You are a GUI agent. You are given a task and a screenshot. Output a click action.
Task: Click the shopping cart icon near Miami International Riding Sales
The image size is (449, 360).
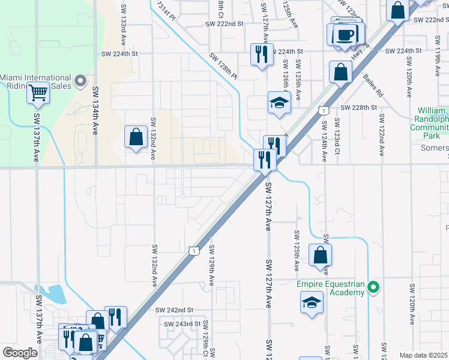[38, 94]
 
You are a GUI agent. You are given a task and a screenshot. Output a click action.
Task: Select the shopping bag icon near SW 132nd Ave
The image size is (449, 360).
[136, 137]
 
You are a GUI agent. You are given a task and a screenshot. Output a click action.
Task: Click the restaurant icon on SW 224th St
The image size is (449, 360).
[262, 55]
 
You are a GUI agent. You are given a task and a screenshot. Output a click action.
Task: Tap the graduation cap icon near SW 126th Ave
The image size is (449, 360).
[279, 103]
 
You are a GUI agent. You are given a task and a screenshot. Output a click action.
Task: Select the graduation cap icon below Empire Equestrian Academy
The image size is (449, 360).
[312, 303]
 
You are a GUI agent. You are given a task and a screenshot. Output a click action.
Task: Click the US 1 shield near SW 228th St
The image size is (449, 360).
[323, 110]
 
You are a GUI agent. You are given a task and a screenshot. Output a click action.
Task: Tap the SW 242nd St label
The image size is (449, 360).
[174, 310]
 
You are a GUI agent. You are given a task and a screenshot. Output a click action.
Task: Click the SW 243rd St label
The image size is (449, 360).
[182, 324]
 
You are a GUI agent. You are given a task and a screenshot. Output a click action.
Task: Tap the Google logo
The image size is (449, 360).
[20, 353]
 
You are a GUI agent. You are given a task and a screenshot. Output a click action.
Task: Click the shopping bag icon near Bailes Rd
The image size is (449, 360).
[340, 72]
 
